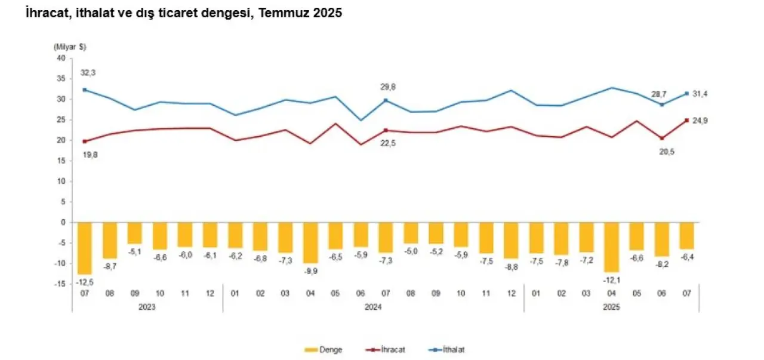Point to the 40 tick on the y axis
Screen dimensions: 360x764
[x=60, y=58]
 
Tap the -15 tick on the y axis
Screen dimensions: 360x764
[x=59, y=284]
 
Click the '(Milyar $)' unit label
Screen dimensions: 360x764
[x=70, y=46]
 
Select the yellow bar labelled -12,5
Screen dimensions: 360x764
[x=84, y=248]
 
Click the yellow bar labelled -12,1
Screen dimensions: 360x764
[x=612, y=247]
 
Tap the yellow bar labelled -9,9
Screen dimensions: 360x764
[x=310, y=242]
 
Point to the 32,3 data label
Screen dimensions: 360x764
[x=88, y=73]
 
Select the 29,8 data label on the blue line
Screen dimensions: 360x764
[x=387, y=87]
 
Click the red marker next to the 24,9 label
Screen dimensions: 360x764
[x=687, y=120]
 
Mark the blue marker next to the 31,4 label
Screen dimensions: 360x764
[x=687, y=93]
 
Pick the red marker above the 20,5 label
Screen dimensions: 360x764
[x=662, y=138]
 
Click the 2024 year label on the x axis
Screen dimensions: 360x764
[x=373, y=307]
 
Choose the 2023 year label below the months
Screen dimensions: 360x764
[x=147, y=307]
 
